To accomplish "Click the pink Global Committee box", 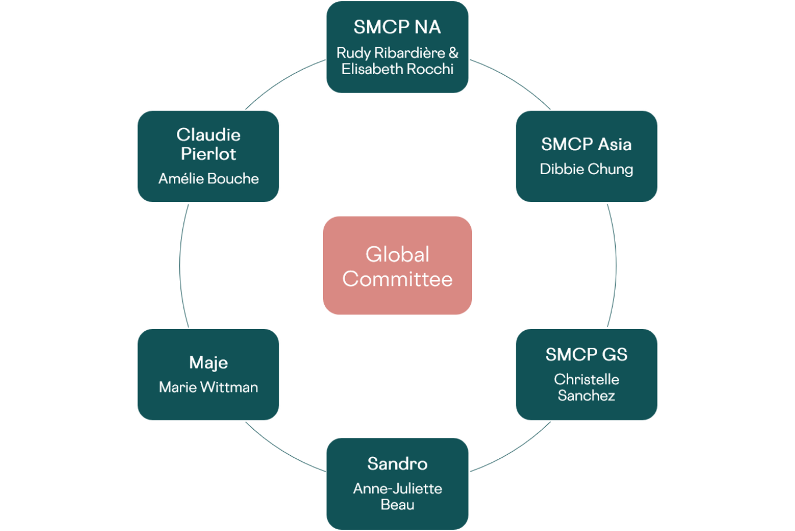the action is pyautogui.click(x=397, y=265).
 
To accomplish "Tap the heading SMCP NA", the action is pyautogui.click(x=397, y=27).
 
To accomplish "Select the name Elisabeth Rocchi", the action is pyautogui.click(x=397, y=69).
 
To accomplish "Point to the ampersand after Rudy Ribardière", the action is pyautogui.click(x=453, y=53).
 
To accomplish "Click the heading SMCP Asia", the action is pyautogui.click(x=586, y=144).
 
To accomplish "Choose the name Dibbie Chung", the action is pyautogui.click(x=586, y=169).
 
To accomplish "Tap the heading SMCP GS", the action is pyautogui.click(x=586, y=354).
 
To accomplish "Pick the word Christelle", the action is pyautogui.click(x=586, y=380).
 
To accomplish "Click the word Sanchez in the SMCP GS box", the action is pyautogui.click(x=586, y=395).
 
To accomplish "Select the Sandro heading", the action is pyautogui.click(x=397, y=463).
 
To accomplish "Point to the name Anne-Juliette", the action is pyautogui.click(x=397, y=488).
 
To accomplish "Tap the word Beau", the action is pyautogui.click(x=397, y=505).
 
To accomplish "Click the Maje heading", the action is pyautogui.click(x=208, y=363).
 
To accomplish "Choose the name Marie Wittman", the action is pyautogui.click(x=208, y=387).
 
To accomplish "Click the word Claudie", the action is pyautogui.click(x=208, y=135).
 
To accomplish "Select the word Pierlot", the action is pyautogui.click(x=208, y=154).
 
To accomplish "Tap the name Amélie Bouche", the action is pyautogui.click(x=208, y=179).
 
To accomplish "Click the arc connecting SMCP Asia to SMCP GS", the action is pyautogui.click(x=616, y=265).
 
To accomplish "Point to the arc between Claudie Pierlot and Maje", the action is pyautogui.click(x=180, y=265).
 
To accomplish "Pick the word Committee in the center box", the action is pyautogui.click(x=397, y=279).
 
